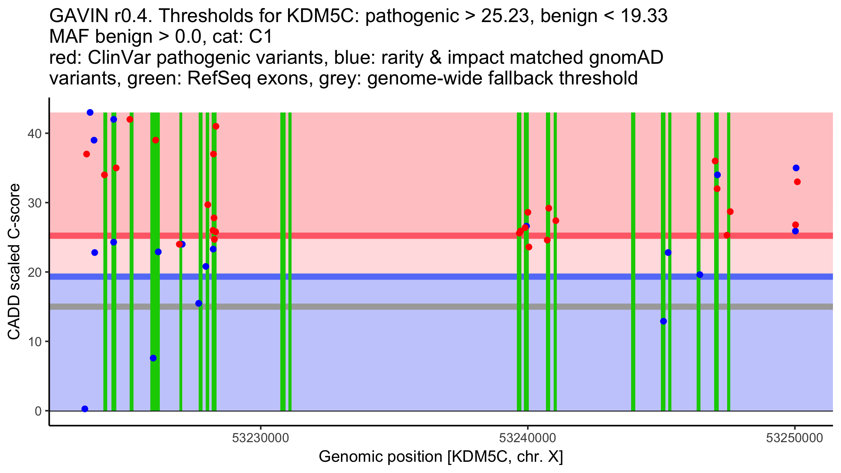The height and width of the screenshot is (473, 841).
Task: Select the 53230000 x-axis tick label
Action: (x=260, y=438)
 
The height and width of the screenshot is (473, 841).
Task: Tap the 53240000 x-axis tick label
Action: (x=527, y=438)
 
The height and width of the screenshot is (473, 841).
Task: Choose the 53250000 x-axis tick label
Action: (x=794, y=438)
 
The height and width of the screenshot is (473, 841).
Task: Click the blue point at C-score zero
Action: (x=85, y=409)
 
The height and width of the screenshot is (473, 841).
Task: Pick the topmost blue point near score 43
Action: (x=90, y=112)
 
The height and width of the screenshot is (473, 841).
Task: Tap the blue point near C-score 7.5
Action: (x=153, y=358)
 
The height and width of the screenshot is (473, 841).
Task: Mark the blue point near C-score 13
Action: (x=663, y=321)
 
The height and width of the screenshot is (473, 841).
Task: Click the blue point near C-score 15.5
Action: (x=199, y=303)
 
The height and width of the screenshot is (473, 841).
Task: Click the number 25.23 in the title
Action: (x=505, y=16)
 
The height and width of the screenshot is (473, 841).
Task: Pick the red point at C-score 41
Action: (x=216, y=126)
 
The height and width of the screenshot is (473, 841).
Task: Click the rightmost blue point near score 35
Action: (x=796, y=168)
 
